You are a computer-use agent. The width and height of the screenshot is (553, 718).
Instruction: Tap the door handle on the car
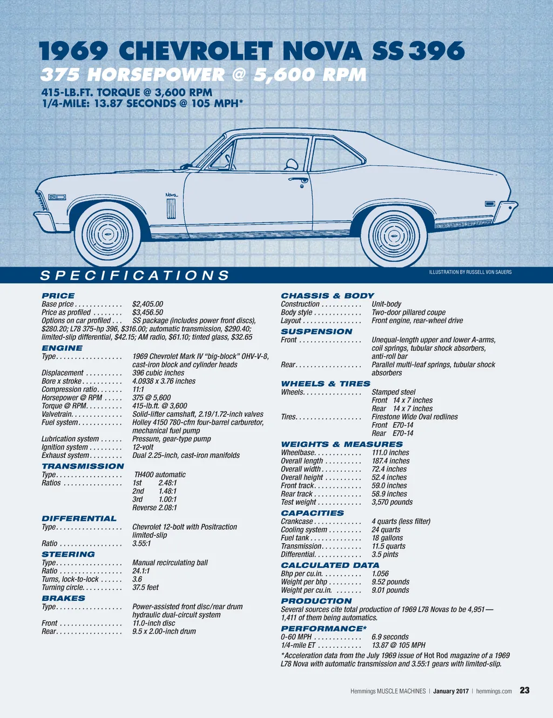click(x=298, y=180)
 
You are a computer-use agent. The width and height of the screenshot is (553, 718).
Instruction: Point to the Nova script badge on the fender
click(x=172, y=194)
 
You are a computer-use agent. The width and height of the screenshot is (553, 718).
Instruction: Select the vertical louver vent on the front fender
click(x=171, y=208)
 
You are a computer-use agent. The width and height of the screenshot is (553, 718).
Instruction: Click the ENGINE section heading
click(x=62, y=348)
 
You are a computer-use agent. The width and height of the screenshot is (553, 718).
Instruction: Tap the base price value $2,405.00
click(x=147, y=304)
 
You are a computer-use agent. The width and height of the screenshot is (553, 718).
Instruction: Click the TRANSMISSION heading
click(x=83, y=466)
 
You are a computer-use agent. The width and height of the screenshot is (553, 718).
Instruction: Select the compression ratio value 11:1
click(x=138, y=389)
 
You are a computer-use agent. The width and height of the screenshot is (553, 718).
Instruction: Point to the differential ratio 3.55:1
click(x=141, y=544)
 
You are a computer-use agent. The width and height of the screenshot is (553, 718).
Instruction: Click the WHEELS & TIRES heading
click(x=326, y=384)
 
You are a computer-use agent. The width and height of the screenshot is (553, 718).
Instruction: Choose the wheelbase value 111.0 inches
click(x=390, y=453)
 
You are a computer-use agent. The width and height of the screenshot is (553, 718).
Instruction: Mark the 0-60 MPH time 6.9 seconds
click(x=390, y=637)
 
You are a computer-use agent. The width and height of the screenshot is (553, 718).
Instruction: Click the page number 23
click(x=524, y=690)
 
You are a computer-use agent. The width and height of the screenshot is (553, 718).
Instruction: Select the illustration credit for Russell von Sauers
click(x=470, y=272)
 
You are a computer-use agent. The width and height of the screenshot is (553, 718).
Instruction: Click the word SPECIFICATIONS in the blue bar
click(x=135, y=276)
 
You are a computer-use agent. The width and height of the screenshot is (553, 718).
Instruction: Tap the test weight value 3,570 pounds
click(x=392, y=502)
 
